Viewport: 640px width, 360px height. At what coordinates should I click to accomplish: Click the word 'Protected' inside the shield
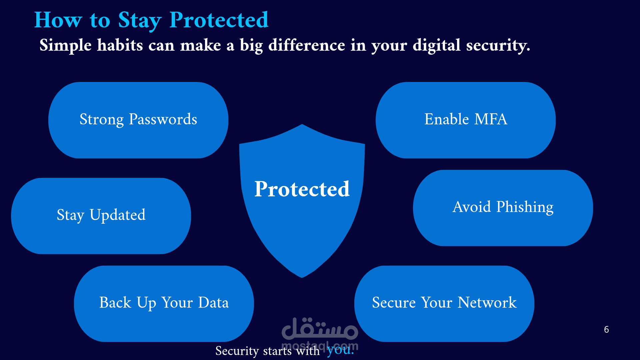[302, 189]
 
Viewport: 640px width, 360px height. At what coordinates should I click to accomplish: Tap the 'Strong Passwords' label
[138, 119]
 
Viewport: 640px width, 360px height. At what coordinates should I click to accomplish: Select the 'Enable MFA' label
[466, 119]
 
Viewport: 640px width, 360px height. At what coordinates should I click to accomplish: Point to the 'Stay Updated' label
[101, 215]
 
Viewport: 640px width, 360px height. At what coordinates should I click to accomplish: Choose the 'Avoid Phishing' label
[503, 207]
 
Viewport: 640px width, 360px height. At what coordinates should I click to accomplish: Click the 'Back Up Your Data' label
[164, 303]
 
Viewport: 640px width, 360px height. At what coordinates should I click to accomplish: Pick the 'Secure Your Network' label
[444, 303]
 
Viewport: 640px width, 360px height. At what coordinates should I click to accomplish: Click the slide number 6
[606, 329]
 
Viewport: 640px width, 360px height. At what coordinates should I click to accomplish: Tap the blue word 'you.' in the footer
[340, 350]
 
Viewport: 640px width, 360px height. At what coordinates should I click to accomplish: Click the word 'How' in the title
[58, 20]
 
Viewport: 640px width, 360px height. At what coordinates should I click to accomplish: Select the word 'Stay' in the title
[140, 21]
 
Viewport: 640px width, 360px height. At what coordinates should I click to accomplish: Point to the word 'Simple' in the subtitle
[65, 45]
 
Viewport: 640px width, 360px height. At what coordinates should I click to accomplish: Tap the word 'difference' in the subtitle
[307, 45]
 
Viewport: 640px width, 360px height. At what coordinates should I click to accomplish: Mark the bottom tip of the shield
[302, 278]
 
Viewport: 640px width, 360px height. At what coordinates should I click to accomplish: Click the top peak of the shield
[302, 125]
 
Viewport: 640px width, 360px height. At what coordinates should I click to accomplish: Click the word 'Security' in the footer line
[237, 351]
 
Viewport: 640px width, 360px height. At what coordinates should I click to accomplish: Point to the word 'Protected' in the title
[219, 20]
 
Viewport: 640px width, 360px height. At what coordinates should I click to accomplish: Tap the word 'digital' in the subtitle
[437, 45]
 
